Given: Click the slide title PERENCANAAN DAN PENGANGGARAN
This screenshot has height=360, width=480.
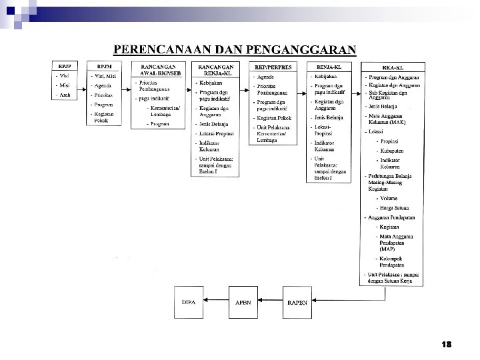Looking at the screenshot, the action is tap(235, 49).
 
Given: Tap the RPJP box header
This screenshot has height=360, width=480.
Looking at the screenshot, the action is tap(64, 66).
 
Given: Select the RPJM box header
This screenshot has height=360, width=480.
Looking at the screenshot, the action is tap(105, 66).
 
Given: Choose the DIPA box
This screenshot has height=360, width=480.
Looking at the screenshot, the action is tap(189, 302).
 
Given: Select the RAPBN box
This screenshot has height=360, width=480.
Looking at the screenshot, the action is tap(298, 302).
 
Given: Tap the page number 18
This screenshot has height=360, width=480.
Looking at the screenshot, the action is tap(446, 345).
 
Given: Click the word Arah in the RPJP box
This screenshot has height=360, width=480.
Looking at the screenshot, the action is tap(65, 95).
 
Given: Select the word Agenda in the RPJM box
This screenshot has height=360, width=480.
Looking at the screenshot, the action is tap(103, 86).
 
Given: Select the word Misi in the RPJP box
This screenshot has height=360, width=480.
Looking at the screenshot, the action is tap(65, 85).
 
